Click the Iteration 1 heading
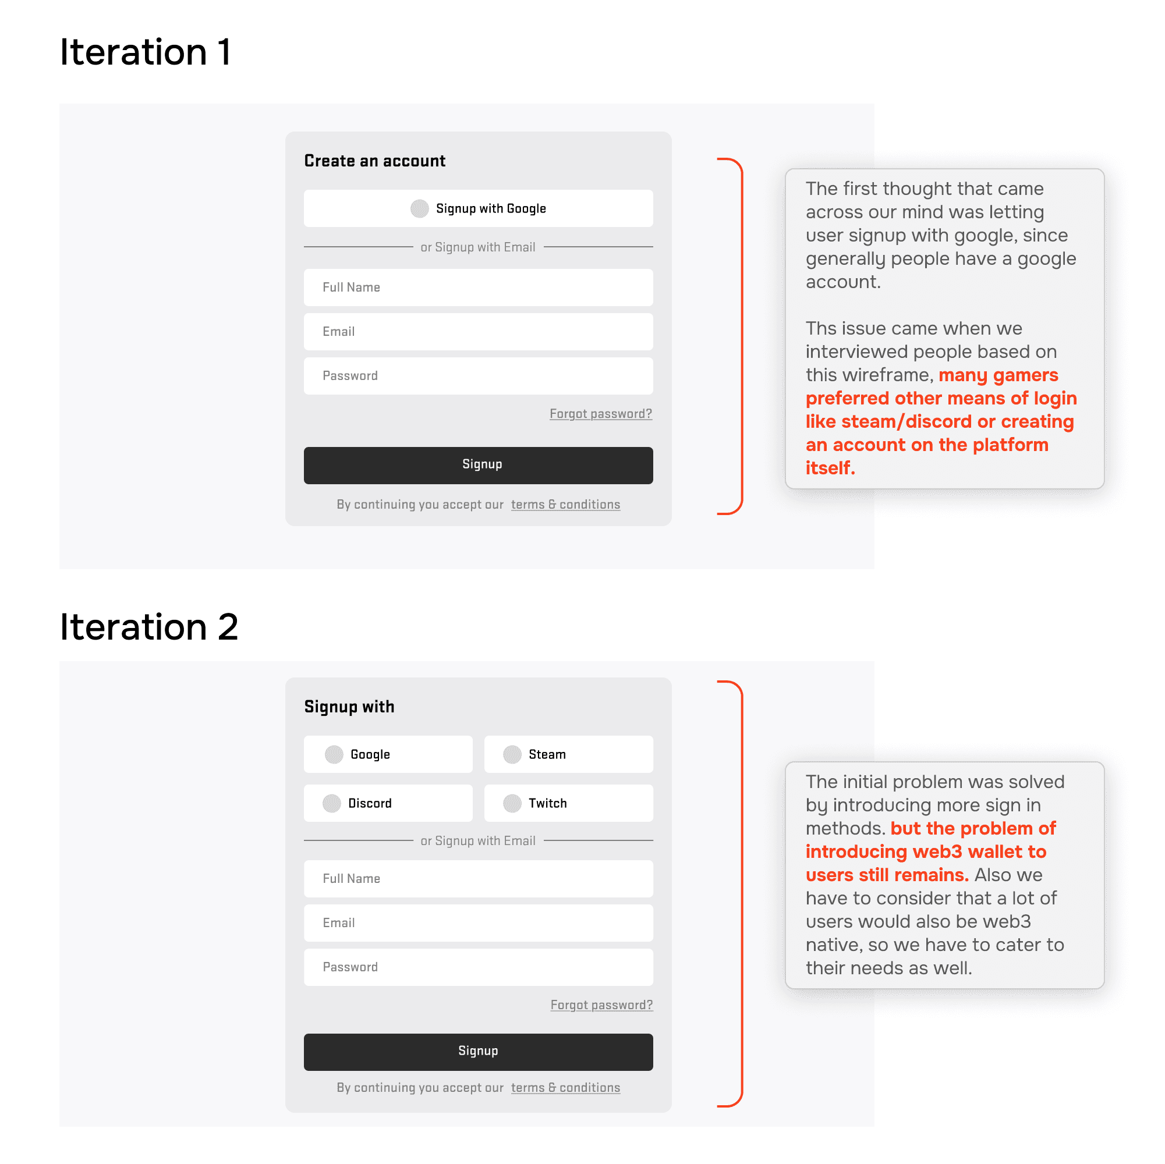tap(145, 52)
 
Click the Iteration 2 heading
tap(149, 627)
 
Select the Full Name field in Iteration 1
tap(478, 288)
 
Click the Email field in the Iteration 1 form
tap(478, 332)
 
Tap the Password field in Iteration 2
tap(478, 967)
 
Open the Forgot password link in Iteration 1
tap(601, 414)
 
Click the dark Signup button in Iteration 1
tap(478, 465)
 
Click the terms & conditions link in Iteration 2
tap(566, 1087)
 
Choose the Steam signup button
tap(569, 754)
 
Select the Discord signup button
tap(388, 803)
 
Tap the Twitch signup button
tap(569, 803)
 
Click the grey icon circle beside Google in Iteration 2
tap(334, 754)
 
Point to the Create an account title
tap(374, 161)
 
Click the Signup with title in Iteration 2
tap(349, 707)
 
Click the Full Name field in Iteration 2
tap(478, 879)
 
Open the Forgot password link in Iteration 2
tap(601, 1005)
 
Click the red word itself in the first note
tap(830, 468)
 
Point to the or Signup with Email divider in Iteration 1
tap(478, 247)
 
